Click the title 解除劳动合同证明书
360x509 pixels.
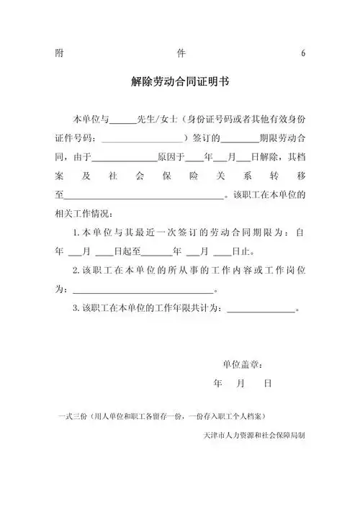(180, 83)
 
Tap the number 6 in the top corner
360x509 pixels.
(303, 53)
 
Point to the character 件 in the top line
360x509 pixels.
(181, 53)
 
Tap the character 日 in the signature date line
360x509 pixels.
(267, 384)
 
